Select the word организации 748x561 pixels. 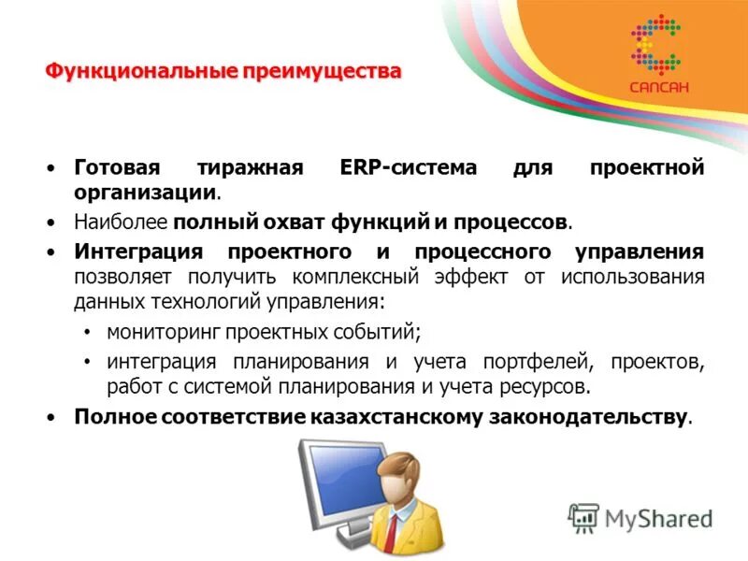click(x=145, y=193)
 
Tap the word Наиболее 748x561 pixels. click(x=120, y=223)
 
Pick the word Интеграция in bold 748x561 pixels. click(x=143, y=252)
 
